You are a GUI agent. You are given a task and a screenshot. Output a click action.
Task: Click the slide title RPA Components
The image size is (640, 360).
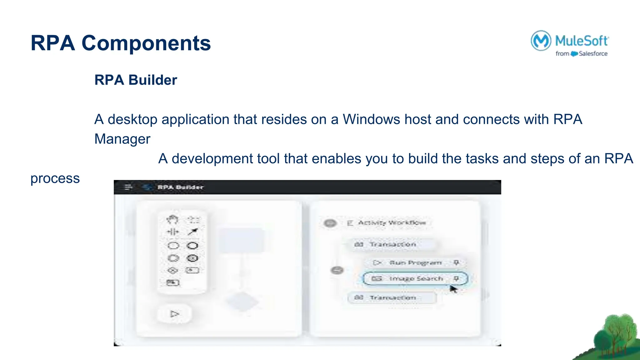pos(121,43)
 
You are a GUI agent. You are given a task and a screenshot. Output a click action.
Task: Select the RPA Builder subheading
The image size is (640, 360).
pos(136,80)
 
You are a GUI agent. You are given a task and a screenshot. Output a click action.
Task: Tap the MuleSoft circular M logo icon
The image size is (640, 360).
pos(541,41)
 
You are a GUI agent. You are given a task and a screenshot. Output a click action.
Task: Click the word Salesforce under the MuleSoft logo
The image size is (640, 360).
pos(593,54)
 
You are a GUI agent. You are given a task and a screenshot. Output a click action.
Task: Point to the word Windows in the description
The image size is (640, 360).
pos(371,119)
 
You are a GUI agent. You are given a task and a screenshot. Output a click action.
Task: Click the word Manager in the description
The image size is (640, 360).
pos(122,139)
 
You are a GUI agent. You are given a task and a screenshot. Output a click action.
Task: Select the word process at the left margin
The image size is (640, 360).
pos(55,179)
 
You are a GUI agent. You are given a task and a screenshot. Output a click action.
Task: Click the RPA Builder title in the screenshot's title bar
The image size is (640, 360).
pos(180,187)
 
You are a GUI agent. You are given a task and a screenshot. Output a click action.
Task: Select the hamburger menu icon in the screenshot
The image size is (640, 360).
pos(128,187)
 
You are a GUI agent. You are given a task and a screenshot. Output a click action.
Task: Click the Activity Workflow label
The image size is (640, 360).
pos(392,223)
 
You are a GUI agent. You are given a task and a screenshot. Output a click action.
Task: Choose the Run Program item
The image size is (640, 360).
pos(415,263)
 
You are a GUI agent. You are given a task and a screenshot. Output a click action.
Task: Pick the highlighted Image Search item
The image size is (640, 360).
pos(416,278)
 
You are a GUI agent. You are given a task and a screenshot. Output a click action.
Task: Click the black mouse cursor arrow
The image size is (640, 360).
pos(453,289)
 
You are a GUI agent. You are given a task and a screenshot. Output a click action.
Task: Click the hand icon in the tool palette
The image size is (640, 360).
pos(172,220)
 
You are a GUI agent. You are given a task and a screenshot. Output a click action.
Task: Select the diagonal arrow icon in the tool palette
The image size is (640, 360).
pos(193,232)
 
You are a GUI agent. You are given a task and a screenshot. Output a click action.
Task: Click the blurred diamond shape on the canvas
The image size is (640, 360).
pos(242,302)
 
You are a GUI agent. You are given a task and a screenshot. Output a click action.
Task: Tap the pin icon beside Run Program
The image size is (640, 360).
pos(456,262)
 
